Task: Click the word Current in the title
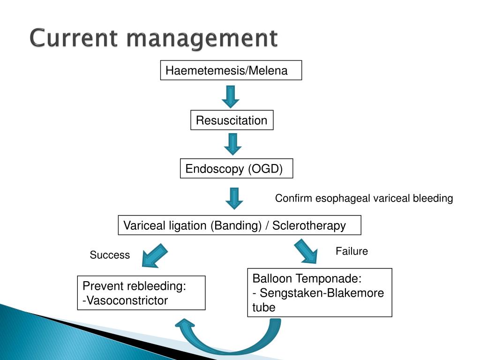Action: coord(74,38)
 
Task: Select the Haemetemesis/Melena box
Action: coord(231,70)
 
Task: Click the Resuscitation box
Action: coord(232,120)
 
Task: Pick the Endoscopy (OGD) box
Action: coord(236,168)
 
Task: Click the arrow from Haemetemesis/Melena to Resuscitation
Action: coord(231,97)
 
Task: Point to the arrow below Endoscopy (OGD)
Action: coord(234,198)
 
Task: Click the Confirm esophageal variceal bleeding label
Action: coord(364,198)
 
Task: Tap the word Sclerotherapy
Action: coord(309,225)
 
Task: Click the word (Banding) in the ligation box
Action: coord(236,225)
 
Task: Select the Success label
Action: coord(110,255)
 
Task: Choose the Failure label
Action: coord(352,251)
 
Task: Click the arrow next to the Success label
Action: coord(155,255)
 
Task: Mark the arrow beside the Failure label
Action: coord(306,251)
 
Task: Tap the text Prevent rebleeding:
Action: coord(135,286)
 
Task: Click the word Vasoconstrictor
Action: coord(127,300)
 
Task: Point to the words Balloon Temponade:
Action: coord(307,278)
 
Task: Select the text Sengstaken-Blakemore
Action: coord(322,293)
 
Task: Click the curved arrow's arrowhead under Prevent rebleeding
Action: coord(185,324)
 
